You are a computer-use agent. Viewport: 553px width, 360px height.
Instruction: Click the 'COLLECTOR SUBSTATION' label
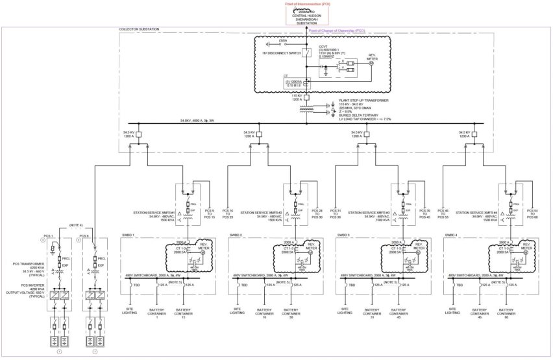[139, 30]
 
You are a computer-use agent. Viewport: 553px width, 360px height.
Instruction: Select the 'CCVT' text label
[322, 46]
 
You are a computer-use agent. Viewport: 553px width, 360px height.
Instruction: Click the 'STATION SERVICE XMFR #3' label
[369, 212]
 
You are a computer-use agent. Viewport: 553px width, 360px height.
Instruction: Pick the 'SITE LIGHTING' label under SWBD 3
[344, 311]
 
